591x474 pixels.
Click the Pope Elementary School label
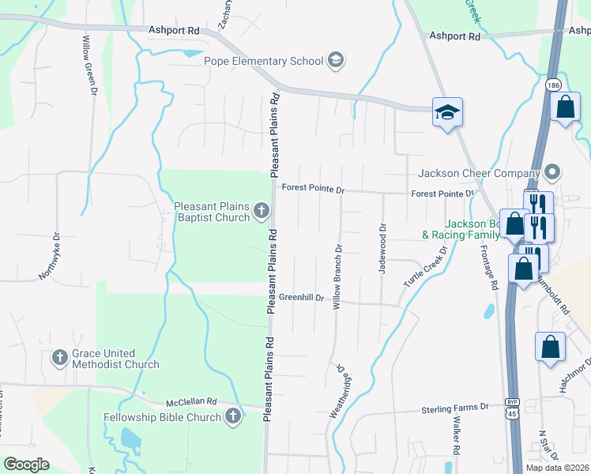point(264,61)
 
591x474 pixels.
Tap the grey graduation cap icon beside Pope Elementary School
point(336,61)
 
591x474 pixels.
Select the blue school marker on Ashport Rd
point(446,113)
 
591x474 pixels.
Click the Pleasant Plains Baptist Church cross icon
point(262,211)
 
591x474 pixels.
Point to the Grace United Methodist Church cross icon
point(59,358)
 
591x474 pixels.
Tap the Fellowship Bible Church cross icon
point(232,416)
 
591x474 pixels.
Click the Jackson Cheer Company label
point(478,173)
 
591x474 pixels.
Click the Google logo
point(26,465)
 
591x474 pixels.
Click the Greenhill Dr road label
point(302,297)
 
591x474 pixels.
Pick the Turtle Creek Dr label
point(426,265)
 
